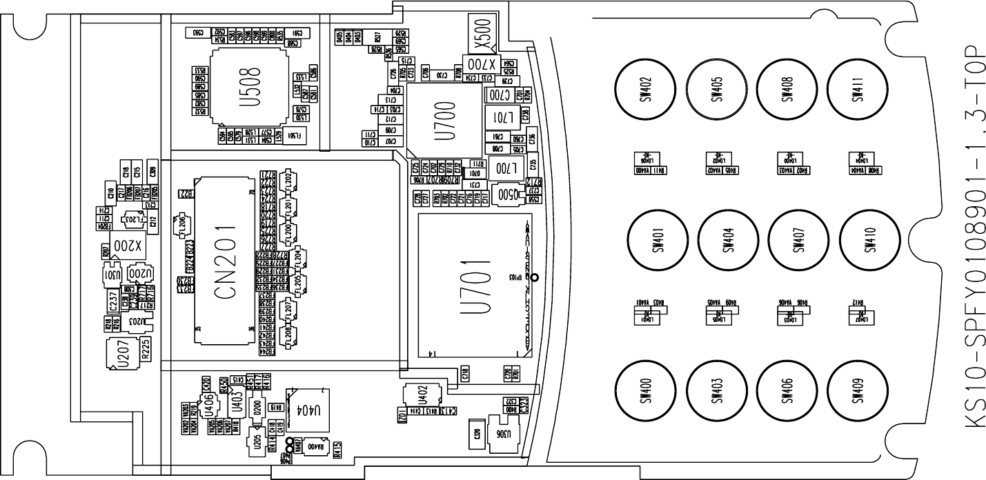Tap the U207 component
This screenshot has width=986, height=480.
click(123, 355)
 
